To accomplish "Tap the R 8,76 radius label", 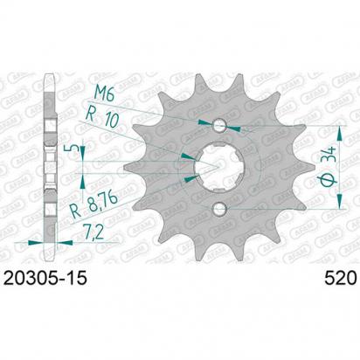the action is [93, 204].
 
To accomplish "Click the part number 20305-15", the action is [45, 278].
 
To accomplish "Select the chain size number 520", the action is [341, 278].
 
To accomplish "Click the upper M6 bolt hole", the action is [219, 126].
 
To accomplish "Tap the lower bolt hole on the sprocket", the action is [219, 209].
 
